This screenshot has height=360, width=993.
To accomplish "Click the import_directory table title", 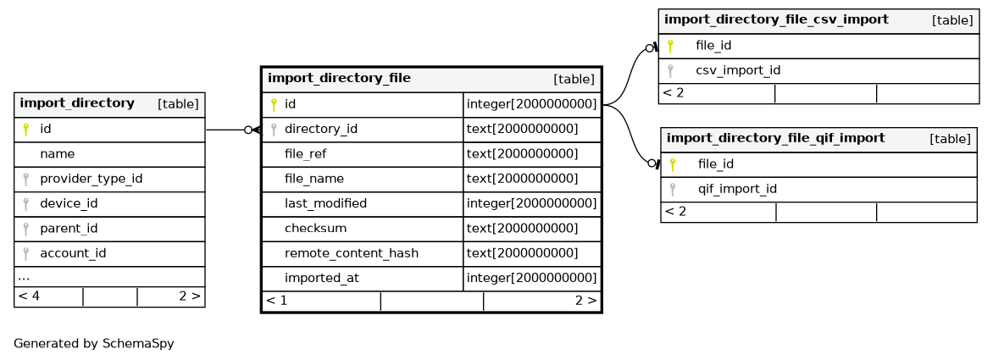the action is [77, 103].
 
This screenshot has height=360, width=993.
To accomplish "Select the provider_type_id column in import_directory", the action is [92, 179].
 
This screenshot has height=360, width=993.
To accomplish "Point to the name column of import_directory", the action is [57, 154].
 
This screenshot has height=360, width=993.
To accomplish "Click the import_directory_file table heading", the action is [339, 79].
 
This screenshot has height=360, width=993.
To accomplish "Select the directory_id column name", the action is [321, 129].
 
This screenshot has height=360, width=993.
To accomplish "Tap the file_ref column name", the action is [305, 154].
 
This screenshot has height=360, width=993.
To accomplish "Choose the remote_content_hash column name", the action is [352, 254].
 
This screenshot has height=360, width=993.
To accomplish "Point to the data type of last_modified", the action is [532, 204].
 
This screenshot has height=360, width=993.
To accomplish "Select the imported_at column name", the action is [322, 279].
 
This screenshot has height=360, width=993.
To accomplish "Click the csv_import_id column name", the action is [738, 70].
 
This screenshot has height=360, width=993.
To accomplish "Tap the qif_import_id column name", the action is [737, 189].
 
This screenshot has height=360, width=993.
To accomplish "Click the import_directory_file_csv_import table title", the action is [776, 19].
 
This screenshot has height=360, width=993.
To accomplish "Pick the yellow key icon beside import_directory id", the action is [26, 130].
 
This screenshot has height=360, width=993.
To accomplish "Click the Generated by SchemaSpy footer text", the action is [94, 344].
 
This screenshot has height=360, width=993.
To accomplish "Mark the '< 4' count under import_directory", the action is [29, 296].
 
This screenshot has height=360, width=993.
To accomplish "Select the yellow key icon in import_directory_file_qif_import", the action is [673, 164].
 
